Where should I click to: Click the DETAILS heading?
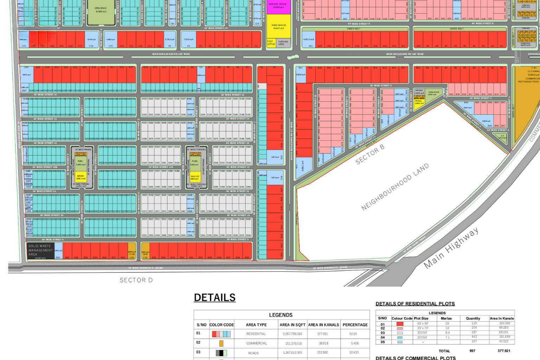215,297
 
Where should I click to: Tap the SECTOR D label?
136,280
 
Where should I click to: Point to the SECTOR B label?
370,154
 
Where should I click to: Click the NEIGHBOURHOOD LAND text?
395,187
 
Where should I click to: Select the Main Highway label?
451,248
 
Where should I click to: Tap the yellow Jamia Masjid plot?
279,27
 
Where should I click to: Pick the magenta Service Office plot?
278,7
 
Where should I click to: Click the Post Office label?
271,43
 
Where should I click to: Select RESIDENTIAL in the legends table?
256,334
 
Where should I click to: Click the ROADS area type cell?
253,353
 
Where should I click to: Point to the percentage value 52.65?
353,334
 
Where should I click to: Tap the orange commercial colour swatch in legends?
221,343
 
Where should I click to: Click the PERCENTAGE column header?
355,325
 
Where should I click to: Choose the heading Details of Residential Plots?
415,304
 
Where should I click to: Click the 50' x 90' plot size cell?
423,323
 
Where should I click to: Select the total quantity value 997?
472,351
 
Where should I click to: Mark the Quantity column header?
473,319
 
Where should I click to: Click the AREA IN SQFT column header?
292,325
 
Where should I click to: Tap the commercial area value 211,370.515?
292,343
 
